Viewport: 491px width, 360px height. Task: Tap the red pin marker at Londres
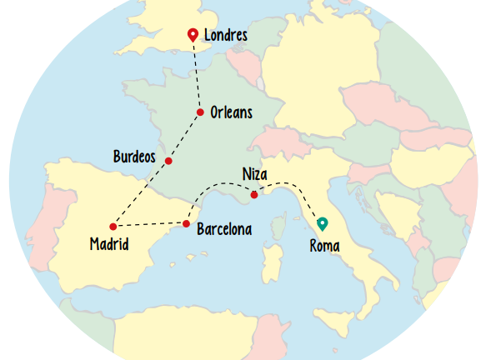tap(193, 34)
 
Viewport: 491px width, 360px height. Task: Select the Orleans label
tap(231, 112)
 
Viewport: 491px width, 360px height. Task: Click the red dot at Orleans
tap(200, 112)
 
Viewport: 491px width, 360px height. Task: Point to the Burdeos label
tap(134, 156)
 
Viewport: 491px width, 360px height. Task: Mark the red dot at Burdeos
tap(168, 161)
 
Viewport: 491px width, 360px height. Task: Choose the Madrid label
tap(109, 244)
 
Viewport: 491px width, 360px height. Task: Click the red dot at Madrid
tap(113, 227)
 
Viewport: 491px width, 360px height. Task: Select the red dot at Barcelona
tap(186, 223)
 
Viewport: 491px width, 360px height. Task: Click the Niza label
tap(254, 174)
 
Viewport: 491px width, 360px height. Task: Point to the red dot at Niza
tap(254, 195)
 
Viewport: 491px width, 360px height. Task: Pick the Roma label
tap(324, 246)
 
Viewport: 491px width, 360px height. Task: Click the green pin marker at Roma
tap(323, 223)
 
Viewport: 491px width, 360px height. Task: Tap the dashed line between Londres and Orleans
tap(198, 75)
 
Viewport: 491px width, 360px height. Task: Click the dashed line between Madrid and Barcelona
tap(150, 225)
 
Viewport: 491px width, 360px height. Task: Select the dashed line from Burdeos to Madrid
tap(140, 194)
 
